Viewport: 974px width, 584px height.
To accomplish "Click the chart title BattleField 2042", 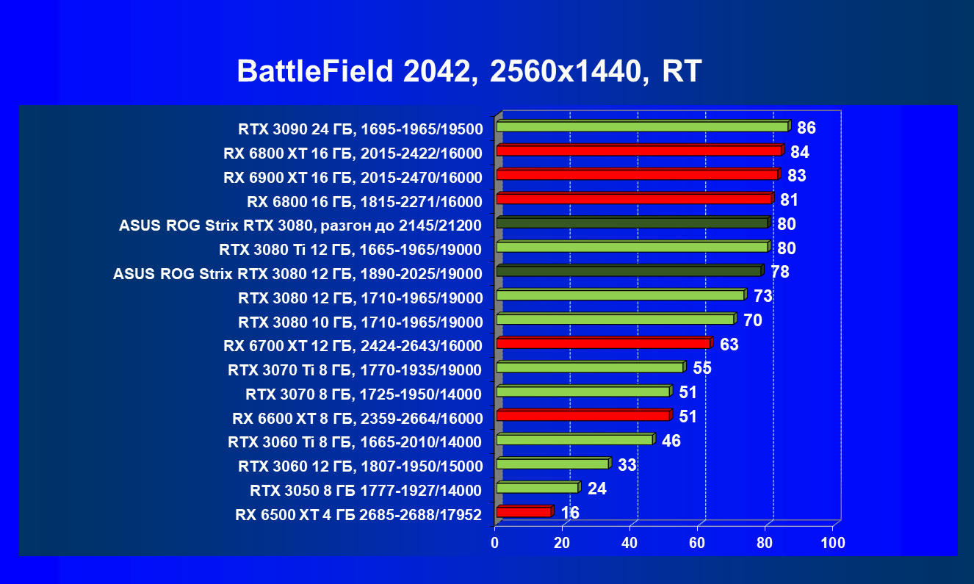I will (469, 72).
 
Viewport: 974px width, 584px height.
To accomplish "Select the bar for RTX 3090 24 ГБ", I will (642, 127).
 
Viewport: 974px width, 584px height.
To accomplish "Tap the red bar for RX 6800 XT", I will (638, 151).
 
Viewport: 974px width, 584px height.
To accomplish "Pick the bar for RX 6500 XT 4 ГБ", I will (523, 512).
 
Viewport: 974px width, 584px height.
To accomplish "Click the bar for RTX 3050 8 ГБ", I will (537, 488).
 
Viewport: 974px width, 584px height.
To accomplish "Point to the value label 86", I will (806, 129).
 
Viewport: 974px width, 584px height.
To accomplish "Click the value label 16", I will (570, 513).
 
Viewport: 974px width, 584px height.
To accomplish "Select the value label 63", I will (729, 345).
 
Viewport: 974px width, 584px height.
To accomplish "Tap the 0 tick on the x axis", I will (495, 544).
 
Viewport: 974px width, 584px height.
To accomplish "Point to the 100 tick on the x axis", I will (833, 544).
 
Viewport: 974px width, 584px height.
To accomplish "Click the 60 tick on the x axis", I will (697, 544).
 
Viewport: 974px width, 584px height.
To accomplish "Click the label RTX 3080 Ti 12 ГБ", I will (350, 250).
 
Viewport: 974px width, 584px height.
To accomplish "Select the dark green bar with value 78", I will (629, 271).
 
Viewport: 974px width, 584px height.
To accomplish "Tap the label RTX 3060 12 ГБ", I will (360, 466).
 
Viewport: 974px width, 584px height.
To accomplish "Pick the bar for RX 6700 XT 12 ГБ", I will (602, 343).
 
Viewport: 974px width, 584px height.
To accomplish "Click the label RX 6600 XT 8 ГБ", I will (357, 419).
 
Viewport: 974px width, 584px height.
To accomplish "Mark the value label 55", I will (702, 368).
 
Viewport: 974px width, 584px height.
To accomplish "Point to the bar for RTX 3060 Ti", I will (574, 439).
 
